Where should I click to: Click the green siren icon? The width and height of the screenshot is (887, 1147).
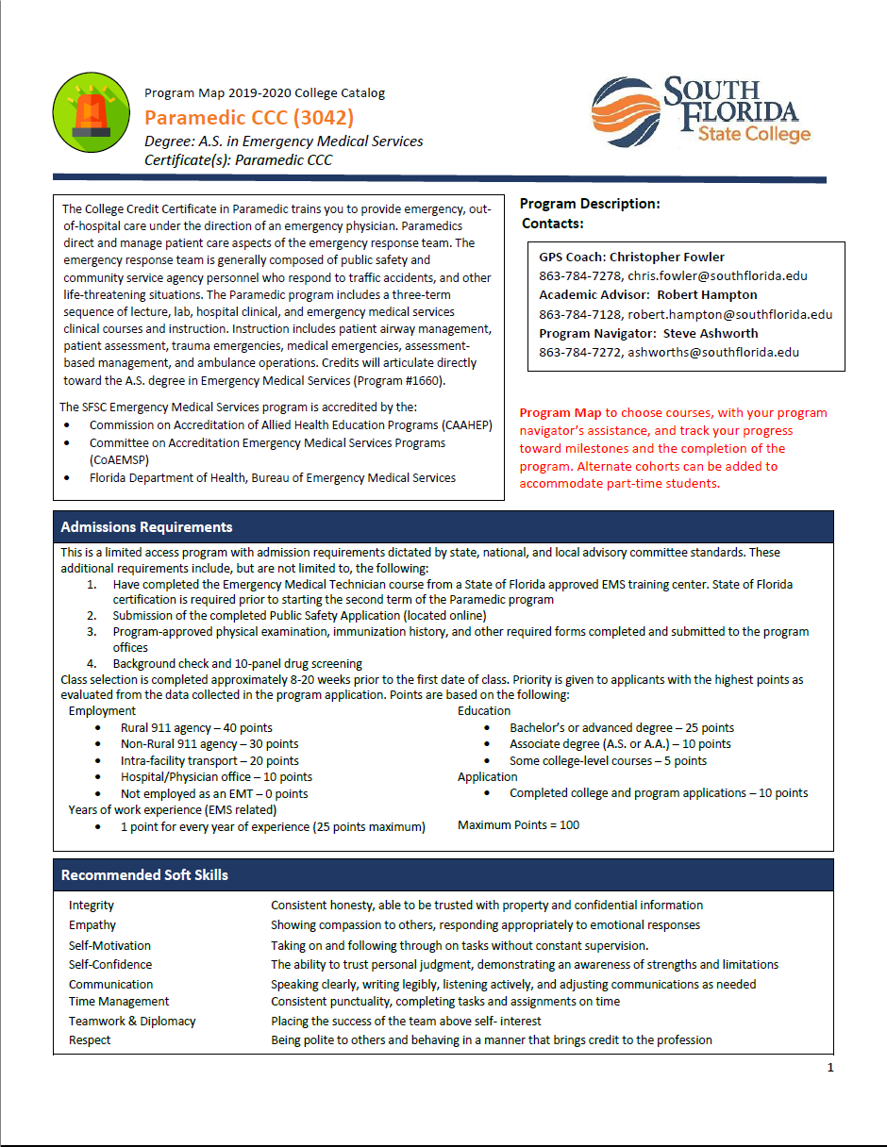pyautogui.click(x=92, y=112)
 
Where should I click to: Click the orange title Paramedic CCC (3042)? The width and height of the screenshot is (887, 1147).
pyautogui.click(x=249, y=118)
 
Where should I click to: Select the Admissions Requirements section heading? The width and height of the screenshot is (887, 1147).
pyautogui.click(x=146, y=526)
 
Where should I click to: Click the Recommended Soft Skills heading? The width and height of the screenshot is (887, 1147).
pyautogui.click(x=144, y=874)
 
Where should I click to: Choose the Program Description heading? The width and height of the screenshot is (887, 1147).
pyautogui.click(x=590, y=204)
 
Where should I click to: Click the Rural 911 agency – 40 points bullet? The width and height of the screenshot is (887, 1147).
pyautogui.click(x=196, y=728)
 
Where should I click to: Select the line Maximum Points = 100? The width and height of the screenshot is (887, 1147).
pyautogui.click(x=518, y=824)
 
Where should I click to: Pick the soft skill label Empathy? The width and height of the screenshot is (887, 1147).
pyautogui.click(x=92, y=925)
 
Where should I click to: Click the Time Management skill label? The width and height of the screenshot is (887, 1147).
pyautogui.click(x=119, y=1002)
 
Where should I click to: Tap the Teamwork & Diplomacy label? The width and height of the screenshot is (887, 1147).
pyautogui.click(x=132, y=1021)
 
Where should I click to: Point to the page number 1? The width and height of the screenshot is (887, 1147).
pyautogui.click(x=830, y=1068)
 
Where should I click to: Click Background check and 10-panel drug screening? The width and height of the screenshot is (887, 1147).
pyautogui.click(x=237, y=664)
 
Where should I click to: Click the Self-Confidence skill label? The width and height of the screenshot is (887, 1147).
pyautogui.click(x=110, y=964)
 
